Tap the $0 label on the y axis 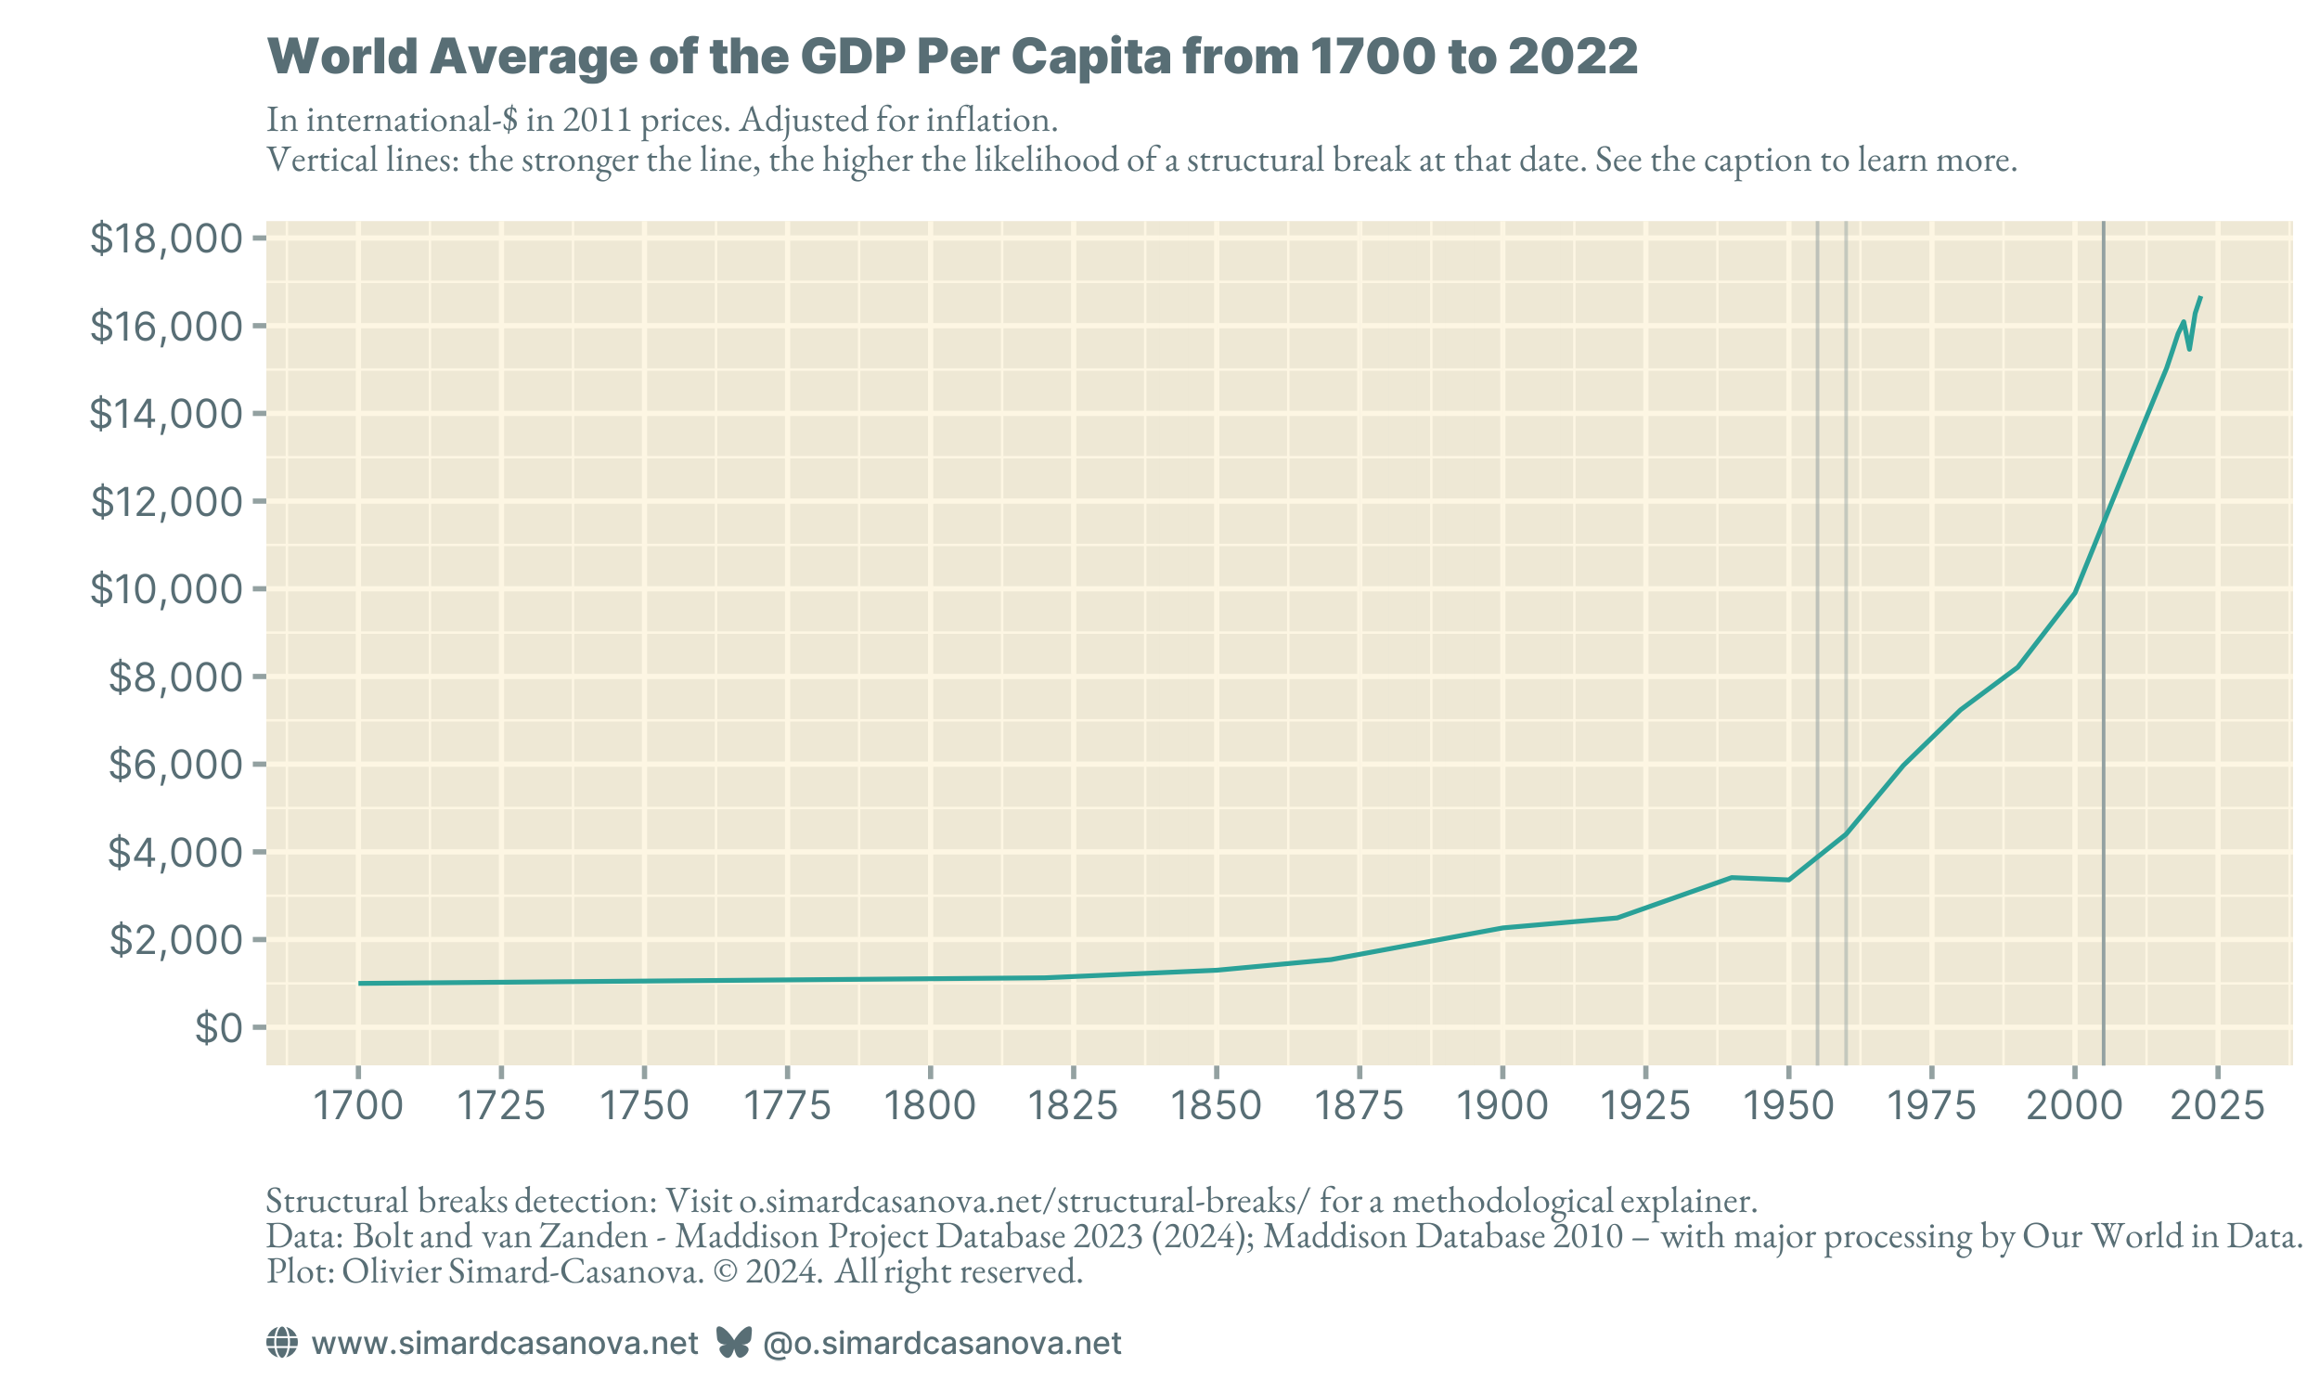click(218, 1028)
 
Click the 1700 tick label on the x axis click(357, 1107)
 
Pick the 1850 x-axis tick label click(1217, 1107)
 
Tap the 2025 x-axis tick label click(2218, 1107)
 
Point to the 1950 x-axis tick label click(1788, 1107)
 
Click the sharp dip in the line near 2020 click(2190, 349)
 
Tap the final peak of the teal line click(2200, 298)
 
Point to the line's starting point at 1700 click(359, 983)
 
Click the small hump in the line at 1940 click(1731, 877)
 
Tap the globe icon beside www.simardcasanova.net click(282, 1342)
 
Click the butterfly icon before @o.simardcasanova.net click(733, 1342)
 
